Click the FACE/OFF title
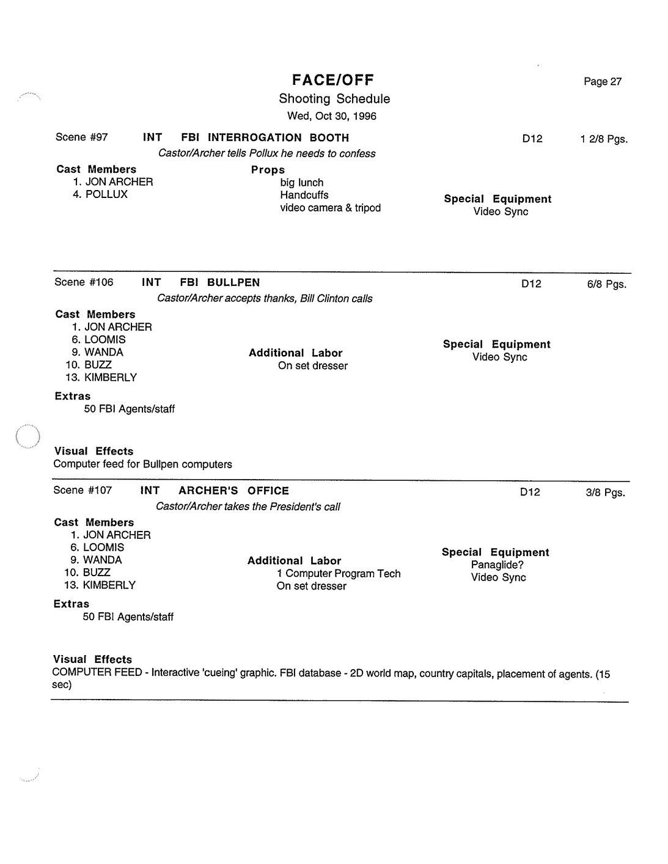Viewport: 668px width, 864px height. [x=333, y=80]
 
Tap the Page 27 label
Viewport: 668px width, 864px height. [x=602, y=82]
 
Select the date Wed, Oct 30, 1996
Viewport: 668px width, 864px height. [x=332, y=116]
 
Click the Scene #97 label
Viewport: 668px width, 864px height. [x=81, y=137]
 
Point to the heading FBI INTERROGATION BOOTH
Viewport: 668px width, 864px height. [x=265, y=138]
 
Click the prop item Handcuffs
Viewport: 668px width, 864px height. [x=304, y=196]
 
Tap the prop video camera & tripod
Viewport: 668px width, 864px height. [x=330, y=208]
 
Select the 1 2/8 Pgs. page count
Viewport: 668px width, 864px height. [x=603, y=139]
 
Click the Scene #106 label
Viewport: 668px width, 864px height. [x=84, y=282]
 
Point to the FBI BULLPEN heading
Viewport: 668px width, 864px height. [x=220, y=283]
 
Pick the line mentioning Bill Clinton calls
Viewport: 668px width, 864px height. [x=265, y=299]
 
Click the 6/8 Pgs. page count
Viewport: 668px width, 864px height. [x=606, y=284]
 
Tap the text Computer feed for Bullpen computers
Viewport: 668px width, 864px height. [x=143, y=464]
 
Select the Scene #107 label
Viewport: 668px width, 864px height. [x=83, y=490]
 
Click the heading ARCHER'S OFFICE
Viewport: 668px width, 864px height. [x=233, y=491]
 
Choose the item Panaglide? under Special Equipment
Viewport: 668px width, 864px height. [x=497, y=565]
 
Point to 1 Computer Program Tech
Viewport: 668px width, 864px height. [x=339, y=574]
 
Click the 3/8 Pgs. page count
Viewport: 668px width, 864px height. [x=605, y=492]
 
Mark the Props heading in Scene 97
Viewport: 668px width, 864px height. [x=268, y=170]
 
